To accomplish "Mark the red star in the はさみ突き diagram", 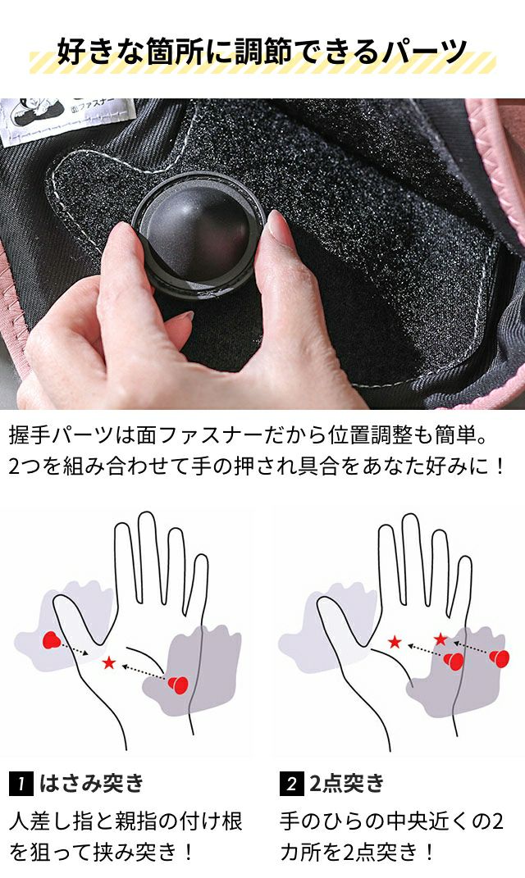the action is pos(109,663).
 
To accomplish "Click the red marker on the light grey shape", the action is pos(52,640).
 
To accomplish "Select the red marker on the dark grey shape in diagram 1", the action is pos(178,685).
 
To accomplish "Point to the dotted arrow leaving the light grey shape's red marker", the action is pos(75,648).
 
